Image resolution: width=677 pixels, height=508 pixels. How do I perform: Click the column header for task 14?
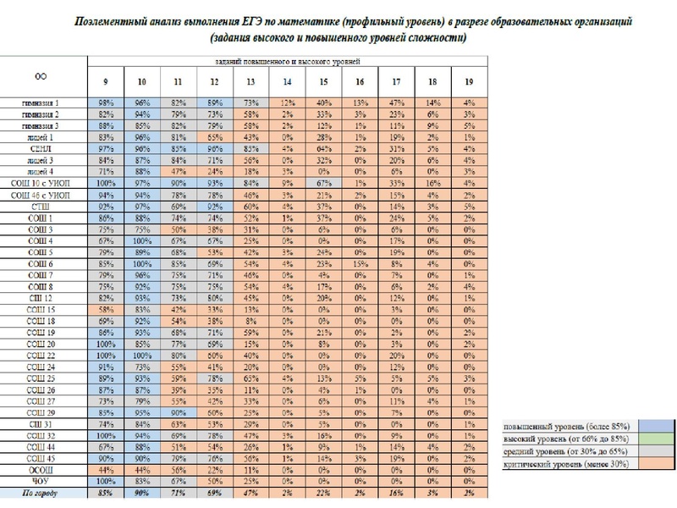click(x=287, y=82)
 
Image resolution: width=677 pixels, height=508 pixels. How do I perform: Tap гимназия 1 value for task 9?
click(x=105, y=102)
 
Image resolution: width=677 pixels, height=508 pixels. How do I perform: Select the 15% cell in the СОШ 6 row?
click(x=361, y=263)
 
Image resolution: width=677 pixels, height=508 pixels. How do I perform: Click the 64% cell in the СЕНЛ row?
click(x=323, y=147)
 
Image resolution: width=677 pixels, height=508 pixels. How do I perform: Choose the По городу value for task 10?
click(x=141, y=491)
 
